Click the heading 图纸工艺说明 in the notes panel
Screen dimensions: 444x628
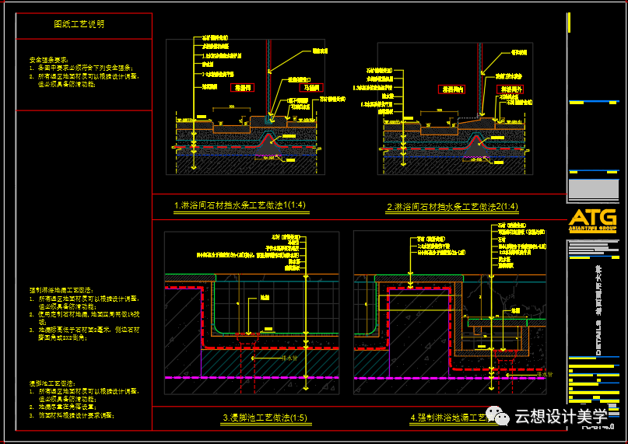point(79,24)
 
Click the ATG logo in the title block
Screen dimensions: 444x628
point(593,218)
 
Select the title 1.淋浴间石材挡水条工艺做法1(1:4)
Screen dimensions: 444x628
point(240,206)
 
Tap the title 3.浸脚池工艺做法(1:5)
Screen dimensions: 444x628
point(265,418)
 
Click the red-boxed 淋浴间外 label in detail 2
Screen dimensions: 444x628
point(510,90)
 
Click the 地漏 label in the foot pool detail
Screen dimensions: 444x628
point(265,297)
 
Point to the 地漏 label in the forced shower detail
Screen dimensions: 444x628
point(516,310)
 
